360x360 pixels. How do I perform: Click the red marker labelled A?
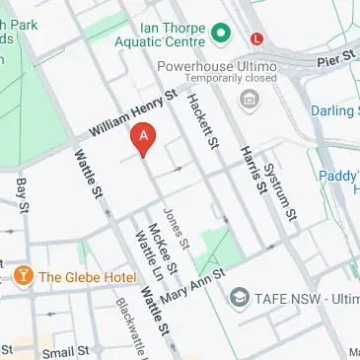pyautogui.click(x=145, y=139)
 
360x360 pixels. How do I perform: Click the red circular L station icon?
pyautogui.click(x=258, y=38)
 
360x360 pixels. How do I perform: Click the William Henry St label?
pyautogui.click(x=131, y=113)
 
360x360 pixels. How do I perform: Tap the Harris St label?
pyautogui.click(x=253, y=167)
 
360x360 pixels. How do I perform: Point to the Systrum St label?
pyautogui.click(x=283, y=187)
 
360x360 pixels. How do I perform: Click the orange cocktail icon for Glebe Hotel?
pyautogui.click(x=23, y=276)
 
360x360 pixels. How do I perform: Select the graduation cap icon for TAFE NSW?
pyautogui.click(x=239, y=296)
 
